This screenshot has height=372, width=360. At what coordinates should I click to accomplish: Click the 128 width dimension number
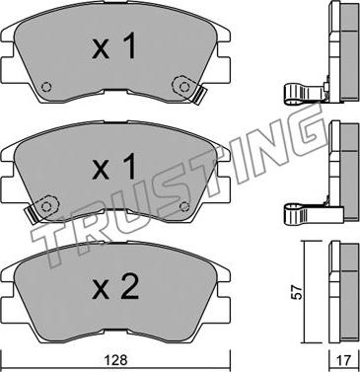coord(118,360)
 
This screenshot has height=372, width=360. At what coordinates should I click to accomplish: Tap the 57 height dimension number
coord(297,292)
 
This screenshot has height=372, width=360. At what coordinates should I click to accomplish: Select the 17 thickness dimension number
coord(344,360)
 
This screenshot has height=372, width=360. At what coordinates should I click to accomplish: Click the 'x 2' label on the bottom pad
coord(115,287)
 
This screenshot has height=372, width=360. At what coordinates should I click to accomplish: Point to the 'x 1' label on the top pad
coord(113,46)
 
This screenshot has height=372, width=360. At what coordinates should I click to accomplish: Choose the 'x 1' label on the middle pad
coord(113,167)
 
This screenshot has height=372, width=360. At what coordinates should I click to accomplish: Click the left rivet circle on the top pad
coord(46,87)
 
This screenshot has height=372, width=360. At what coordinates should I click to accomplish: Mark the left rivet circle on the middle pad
coord(46,206)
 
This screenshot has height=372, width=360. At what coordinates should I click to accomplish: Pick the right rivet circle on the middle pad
coord(184,206)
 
